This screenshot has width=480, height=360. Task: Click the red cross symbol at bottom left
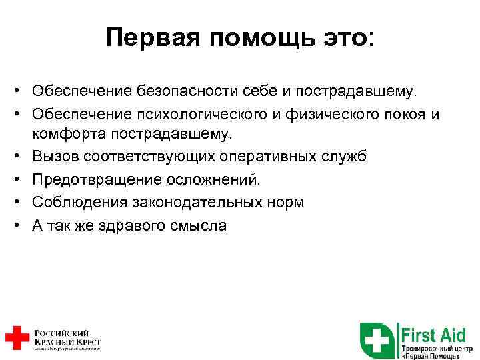pos(16,337)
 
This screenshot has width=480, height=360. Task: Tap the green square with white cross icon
pos(377,340)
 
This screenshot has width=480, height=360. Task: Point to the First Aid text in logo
pos(433,333)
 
